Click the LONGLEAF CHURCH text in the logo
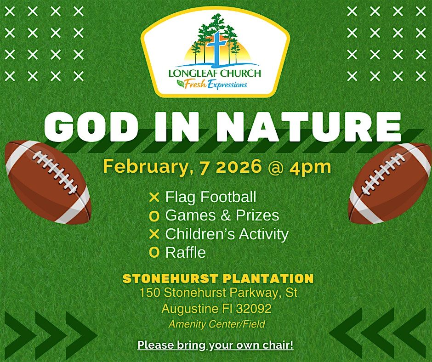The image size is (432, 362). [x=215, y=73]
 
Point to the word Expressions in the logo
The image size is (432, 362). [x=227, y=85]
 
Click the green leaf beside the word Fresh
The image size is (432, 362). [x=181, y=82]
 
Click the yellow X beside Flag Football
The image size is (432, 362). [x=154, y=197]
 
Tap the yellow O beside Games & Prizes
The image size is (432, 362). [x=154, y=216]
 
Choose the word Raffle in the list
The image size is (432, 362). [x=185, y=252]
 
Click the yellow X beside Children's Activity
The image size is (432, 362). [x=154, y=234]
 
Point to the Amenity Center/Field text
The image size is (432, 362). [x=217, y=324]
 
